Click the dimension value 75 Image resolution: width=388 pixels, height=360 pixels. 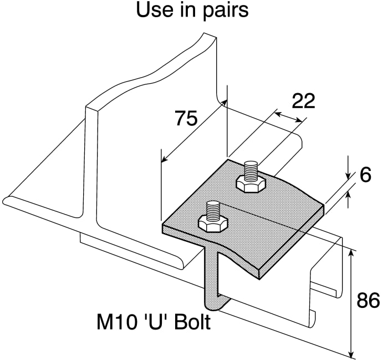pos(186,118)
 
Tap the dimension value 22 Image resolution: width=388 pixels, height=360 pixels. pos(303,100)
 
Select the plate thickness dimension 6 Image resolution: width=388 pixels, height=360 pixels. pos(365,175)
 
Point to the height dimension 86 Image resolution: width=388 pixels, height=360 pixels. pos(367,301)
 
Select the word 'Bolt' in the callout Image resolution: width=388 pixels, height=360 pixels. pos(192,322)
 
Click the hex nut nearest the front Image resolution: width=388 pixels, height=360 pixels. pos(212,223)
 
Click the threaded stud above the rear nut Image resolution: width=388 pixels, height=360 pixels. pos(251,169)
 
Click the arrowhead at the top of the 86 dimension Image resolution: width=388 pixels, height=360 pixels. pos(350,253)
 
